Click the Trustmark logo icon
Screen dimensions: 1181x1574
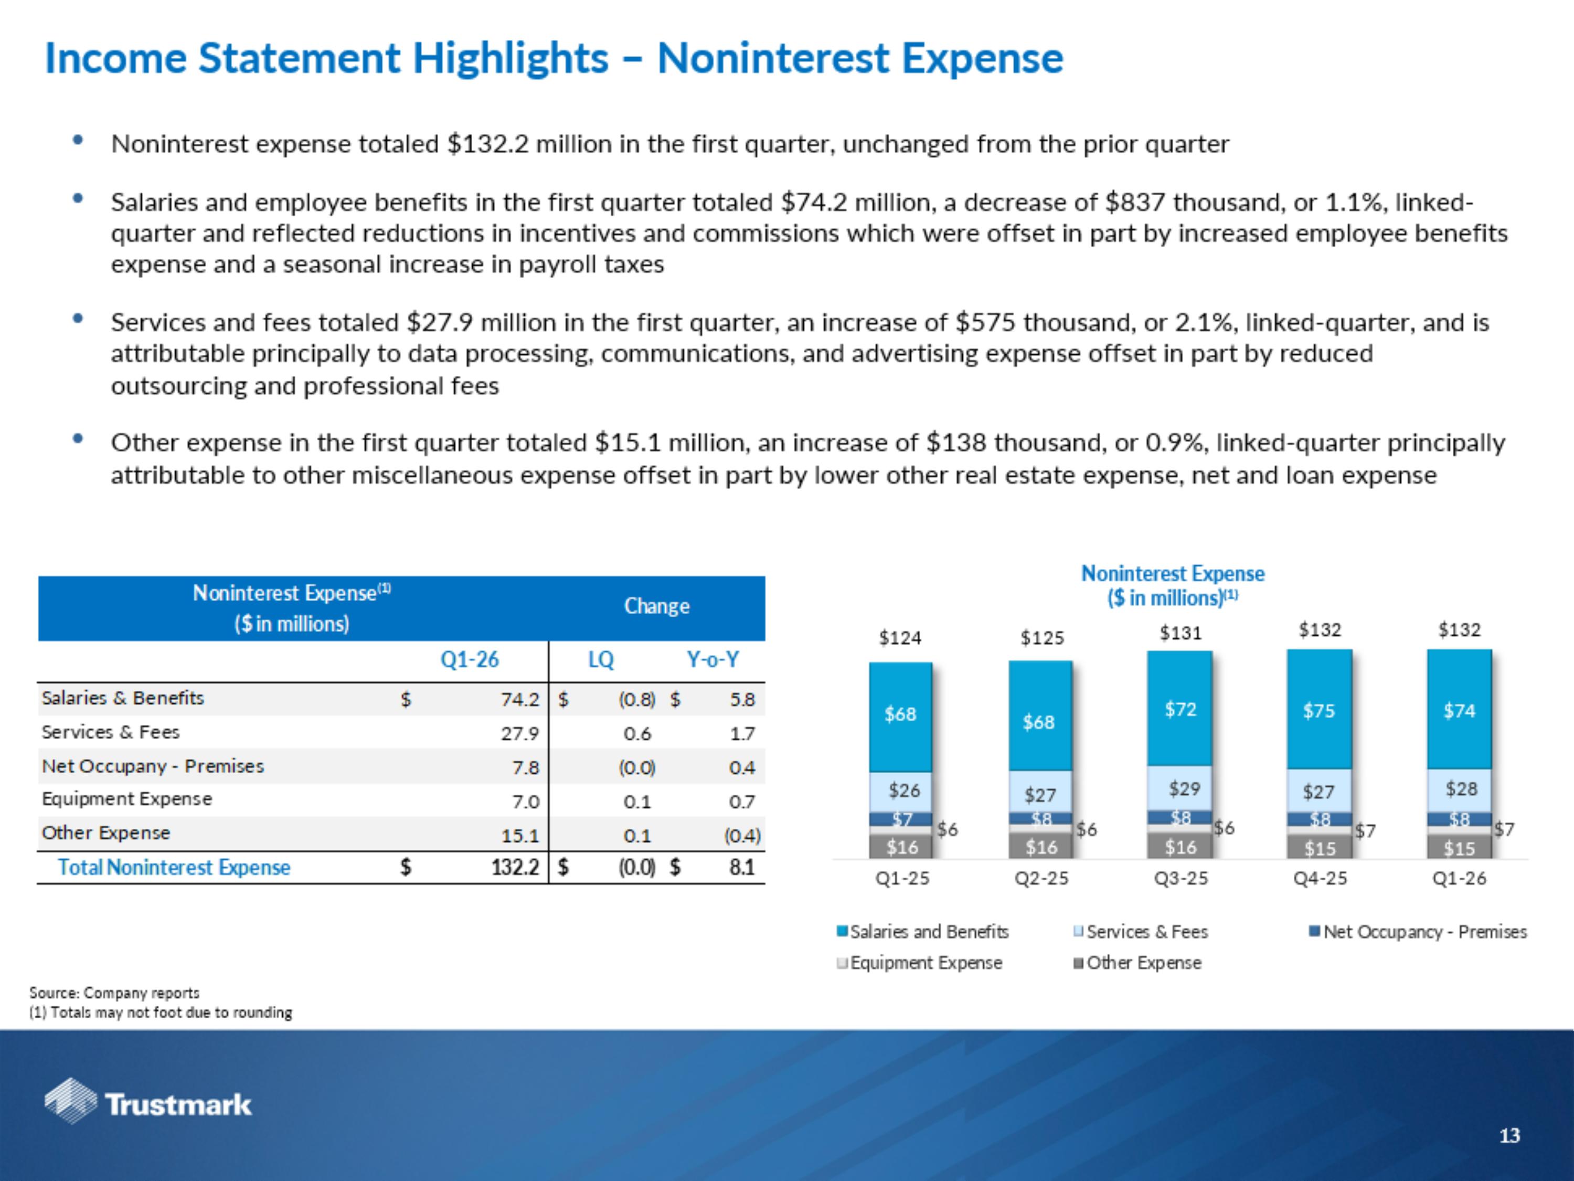tap(70, 1101)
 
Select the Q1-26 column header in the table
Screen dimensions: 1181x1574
tap(470, 660)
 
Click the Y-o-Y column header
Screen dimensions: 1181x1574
tap(712, 660)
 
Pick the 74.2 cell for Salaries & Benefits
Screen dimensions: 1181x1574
tap(519, 700)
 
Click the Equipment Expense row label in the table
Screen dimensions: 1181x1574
tap(126, 799)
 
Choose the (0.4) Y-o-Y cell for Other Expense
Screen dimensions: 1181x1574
tap(741, 836)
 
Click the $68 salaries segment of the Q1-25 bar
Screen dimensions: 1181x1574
tap(900, 714)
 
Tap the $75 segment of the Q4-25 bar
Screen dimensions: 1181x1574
tap(1318, 711)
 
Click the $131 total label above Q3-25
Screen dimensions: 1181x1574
tap(1180, 633)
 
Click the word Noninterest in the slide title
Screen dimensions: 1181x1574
tap(773, 58)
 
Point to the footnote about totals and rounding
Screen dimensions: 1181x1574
tap(161, 1013)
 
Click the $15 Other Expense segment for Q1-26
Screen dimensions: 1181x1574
tap(1459, 848)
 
